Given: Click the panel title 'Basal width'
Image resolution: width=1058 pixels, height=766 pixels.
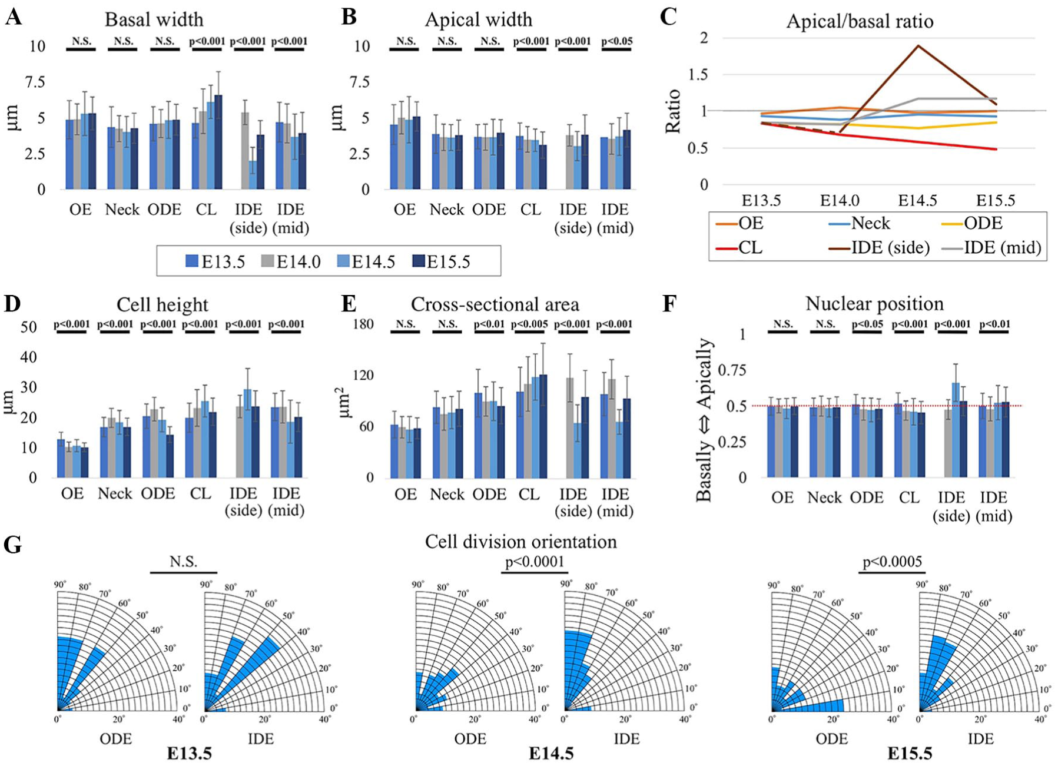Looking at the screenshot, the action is [154, 19].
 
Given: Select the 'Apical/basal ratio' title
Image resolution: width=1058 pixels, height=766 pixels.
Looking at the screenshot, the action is [860, 22].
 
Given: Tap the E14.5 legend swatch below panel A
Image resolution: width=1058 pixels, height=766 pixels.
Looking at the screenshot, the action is [343, 261].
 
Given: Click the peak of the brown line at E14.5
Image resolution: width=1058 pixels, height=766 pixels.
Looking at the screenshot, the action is [918, 46].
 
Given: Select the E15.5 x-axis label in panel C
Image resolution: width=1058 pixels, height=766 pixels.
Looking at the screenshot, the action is [996, 200].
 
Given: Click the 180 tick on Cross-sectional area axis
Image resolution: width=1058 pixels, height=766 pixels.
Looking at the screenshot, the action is [363, 324].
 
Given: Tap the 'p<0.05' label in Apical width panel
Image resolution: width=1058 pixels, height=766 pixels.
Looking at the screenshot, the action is [616, 41].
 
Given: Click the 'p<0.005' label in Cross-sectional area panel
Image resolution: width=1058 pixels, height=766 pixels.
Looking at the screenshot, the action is [529, 324].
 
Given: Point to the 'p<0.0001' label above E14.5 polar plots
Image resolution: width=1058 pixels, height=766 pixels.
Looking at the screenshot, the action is [535, 562].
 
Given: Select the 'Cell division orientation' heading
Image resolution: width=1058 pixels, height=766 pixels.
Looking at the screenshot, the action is [521, 542].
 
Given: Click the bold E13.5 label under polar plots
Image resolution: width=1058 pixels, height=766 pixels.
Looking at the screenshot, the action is [189, 753].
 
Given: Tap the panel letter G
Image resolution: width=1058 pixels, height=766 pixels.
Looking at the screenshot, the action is [13, 545].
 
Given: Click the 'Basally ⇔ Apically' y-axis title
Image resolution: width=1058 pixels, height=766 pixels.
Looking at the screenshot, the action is [705, 420].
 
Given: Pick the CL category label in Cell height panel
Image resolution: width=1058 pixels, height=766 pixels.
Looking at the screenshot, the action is [200, 493].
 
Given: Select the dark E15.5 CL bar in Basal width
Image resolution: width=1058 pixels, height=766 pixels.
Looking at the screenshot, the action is [218, 142].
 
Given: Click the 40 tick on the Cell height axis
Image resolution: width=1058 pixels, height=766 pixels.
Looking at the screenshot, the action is [28, 357].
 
